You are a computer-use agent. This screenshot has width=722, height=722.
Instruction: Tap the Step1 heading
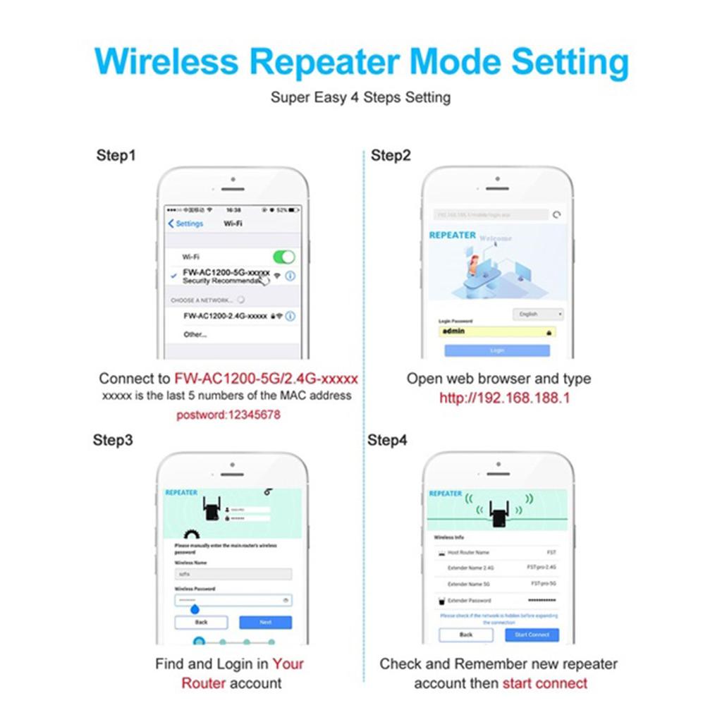tap(116, 155)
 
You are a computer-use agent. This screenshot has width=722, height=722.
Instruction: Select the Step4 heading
tap(387, 441)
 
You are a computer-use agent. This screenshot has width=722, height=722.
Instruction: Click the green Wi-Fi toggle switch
tap(283, 257)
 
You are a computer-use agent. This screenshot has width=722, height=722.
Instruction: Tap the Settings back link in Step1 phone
tap(185, 224)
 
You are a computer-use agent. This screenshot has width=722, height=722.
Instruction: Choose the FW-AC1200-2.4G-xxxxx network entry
tap(225, 316)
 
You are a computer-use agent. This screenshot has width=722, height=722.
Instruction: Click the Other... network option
tap(195, 334)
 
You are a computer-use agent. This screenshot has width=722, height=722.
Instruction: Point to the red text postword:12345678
tap(228, 415)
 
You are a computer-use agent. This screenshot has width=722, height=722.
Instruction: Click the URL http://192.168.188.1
tap(504, 398)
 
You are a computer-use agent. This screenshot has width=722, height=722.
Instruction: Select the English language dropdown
tap(538, 314)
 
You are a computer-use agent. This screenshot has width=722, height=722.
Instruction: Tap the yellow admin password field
tap(497, 331)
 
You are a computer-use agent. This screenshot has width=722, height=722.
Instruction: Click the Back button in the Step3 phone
tap(201, 622)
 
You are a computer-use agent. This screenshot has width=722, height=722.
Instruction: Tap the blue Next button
tap(265, 622)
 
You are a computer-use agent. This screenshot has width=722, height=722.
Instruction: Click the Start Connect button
tap(532, 635)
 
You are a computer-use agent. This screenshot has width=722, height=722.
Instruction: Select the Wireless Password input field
tap(233, 600)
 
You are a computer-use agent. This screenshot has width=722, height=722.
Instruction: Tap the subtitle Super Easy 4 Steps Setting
tap(360, 97)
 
